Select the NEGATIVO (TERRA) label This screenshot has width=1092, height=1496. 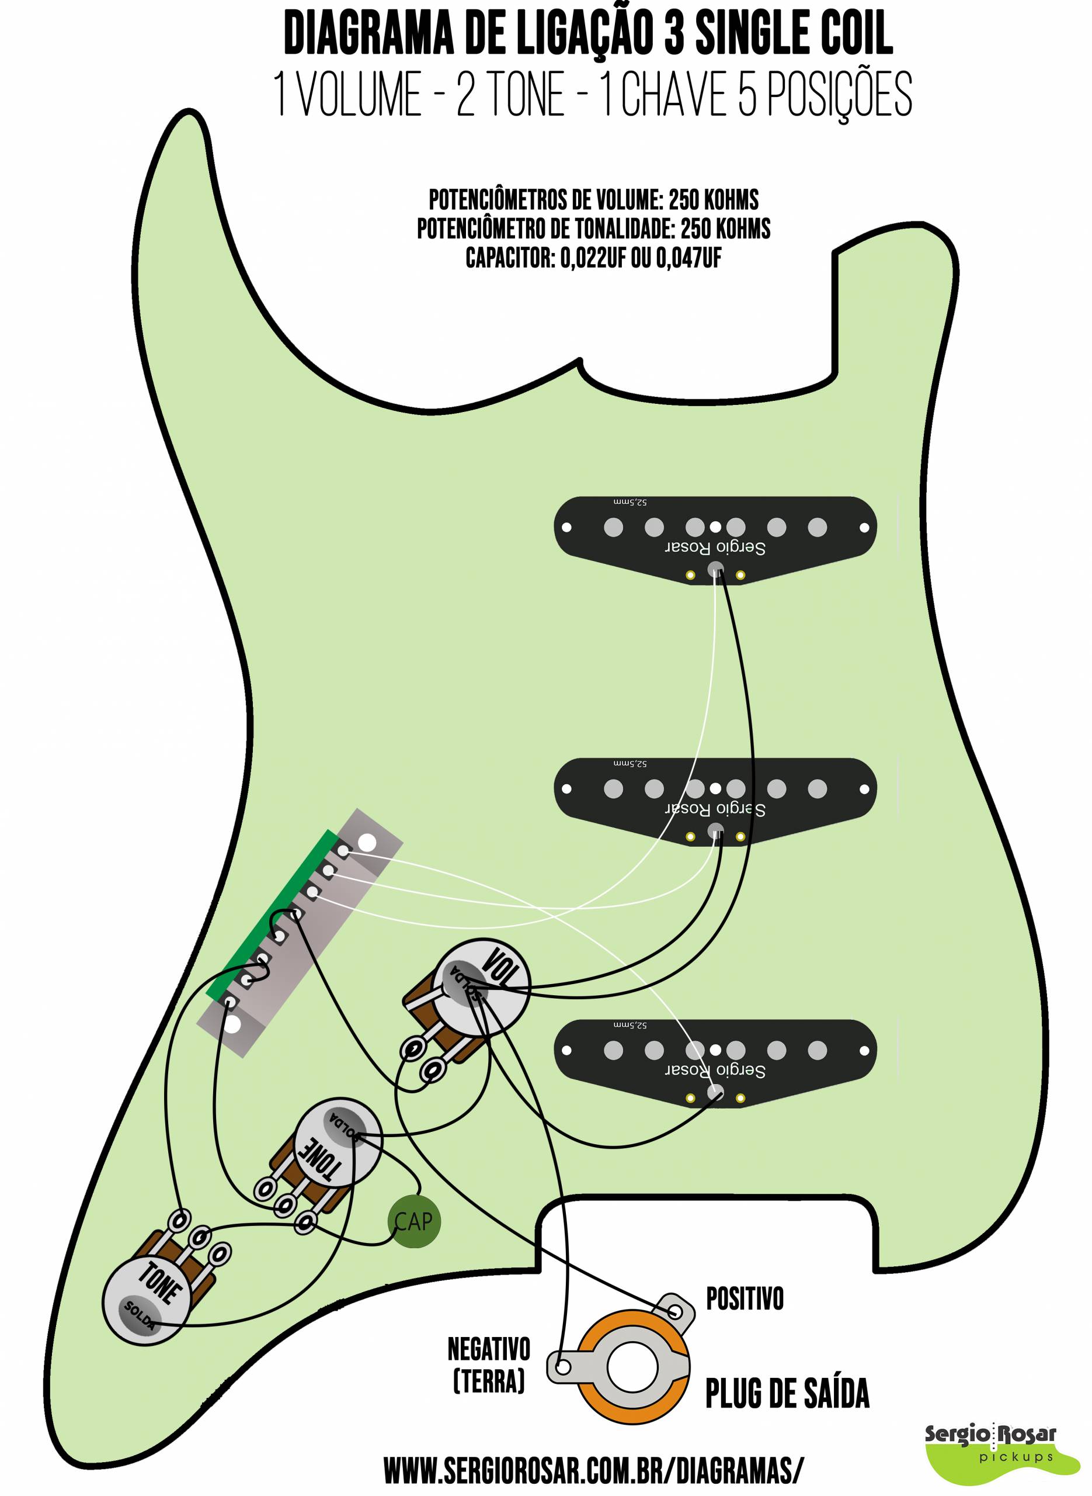coord(489,1365)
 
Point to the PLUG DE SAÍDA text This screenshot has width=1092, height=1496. coord(787,1394)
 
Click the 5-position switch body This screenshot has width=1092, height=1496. coord(300,933)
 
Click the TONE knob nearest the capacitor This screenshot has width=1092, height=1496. coord(337,1142)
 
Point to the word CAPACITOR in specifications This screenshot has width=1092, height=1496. coord(510,258)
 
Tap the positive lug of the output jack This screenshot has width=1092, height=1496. coord(676,1310)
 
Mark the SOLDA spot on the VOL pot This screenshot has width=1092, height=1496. coord(465,982)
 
